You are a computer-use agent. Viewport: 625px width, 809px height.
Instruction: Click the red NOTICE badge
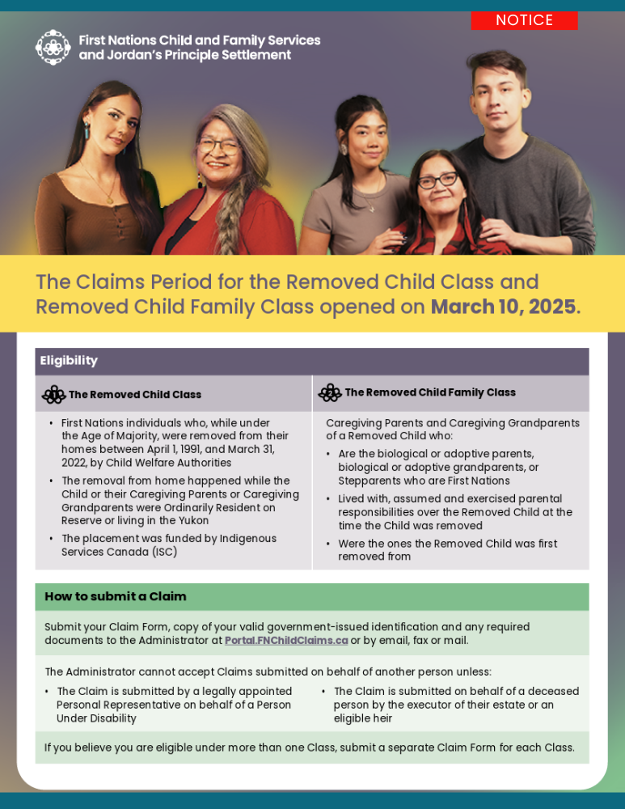(x=524, y=20)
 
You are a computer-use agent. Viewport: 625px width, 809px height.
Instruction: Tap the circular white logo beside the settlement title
(x=53, y=48)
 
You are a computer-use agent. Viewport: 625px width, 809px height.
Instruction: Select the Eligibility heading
(x=69, y=361)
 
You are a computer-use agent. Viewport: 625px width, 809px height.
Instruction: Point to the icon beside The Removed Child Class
(x=53, y=395)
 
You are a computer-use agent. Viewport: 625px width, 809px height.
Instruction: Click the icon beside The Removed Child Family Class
(x=330, y=393)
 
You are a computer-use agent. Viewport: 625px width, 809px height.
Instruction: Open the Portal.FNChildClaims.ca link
(x=286, y=641)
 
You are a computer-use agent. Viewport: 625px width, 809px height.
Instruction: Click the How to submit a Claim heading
(x=116, y=597)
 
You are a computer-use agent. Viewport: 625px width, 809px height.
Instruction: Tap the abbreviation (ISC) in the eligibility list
(x=162, y=553)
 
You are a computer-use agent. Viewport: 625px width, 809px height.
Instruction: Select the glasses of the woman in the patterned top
(x=437, y=180)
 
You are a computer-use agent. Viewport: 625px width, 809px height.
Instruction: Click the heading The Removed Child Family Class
(x=430, y=393)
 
